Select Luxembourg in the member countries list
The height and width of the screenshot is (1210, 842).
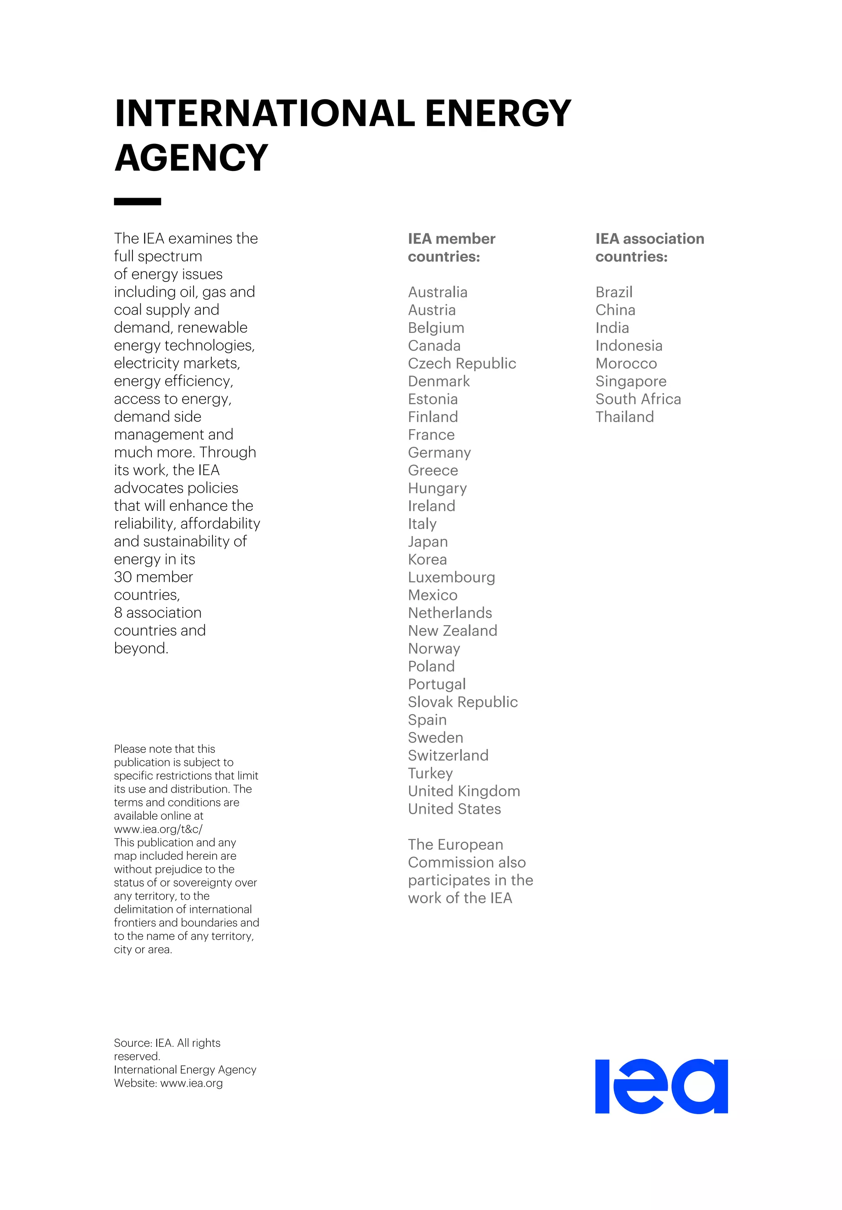(451, 577)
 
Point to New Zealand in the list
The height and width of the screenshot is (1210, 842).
(452, 630)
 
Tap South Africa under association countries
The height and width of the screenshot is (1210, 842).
(638, 399)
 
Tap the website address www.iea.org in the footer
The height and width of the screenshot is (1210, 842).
(192, 1083)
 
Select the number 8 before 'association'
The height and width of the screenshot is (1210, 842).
(118, 612)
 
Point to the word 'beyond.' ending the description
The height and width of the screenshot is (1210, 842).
(141, 648)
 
